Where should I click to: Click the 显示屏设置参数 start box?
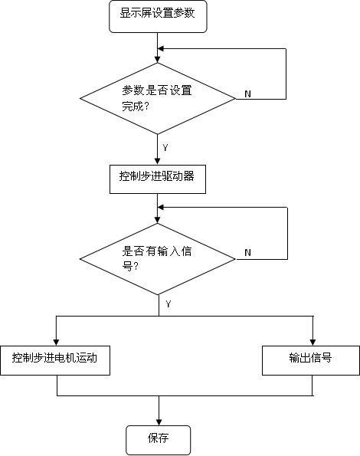pyautogui.click(x=158, y=16)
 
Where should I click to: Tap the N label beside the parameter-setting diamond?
pyautogui.click(x=247, y=94)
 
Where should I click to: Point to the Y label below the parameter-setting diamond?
pyautogui.click(x=165, y=148)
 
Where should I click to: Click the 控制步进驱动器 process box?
pyautogui.click(x=158, y=179)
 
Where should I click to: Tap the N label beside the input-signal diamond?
pyautogui.click(x=247, y=252)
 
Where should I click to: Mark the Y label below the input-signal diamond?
pyautogui.click(x=169, y=304)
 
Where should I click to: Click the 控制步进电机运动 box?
pyautogui.click(x=55, y=360)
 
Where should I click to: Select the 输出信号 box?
pyautogui.click(x=311, y=360)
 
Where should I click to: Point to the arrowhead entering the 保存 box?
pyautogui.click(x=159, y=422)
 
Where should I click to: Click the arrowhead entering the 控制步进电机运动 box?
pyautogui.click(x=57, y=343)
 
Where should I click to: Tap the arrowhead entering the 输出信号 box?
pyautogui.click(x=313, y=343)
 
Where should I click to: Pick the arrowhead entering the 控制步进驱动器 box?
pyautogui.click(x=158, y=162)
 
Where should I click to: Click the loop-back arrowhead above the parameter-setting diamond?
pyautogui.click(x=161, y=48)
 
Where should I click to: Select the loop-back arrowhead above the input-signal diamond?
pyautogui.click(x=161, y=208)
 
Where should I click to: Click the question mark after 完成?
pyautogui.click(x=147, y=107)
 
